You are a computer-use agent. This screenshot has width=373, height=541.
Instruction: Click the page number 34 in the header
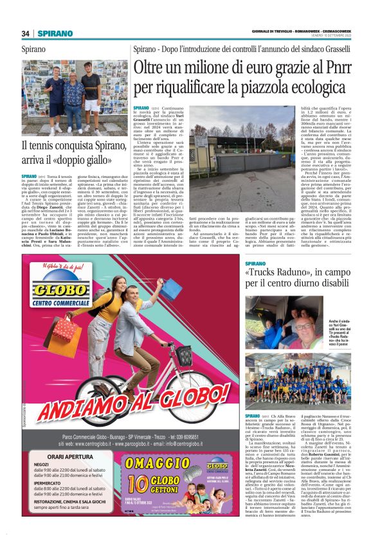[x=26, y=33]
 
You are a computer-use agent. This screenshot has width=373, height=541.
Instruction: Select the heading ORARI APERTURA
[x=63, y=457]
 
